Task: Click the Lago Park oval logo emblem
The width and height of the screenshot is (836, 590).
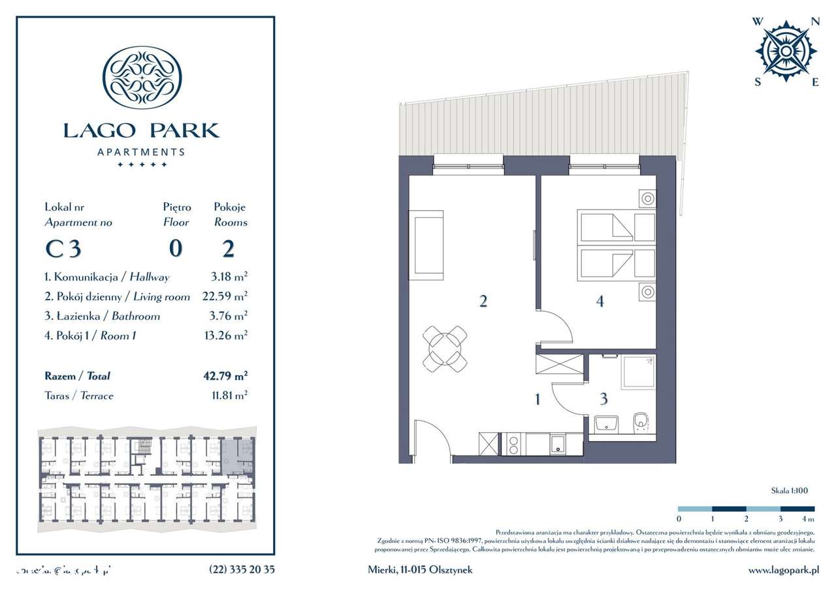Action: tap(142, 77)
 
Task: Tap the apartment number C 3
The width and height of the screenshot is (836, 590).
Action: tap(63, 249)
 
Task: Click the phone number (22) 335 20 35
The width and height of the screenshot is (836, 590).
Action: tap(242, 570)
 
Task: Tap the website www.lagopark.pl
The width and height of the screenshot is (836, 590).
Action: tap(783, 570)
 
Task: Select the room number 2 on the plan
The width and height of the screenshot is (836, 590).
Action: tap(483, 302)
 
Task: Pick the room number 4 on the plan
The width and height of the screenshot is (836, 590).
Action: tap(600, 302)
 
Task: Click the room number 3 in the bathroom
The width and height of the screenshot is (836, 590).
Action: tap(603, 397)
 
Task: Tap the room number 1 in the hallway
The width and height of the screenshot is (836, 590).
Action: tap(538, 399)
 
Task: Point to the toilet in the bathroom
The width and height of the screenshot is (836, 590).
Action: tap(641, 424)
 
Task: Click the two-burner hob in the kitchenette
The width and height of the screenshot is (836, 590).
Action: tap(512, 444)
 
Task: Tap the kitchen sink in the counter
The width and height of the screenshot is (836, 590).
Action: tap(559, 444)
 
